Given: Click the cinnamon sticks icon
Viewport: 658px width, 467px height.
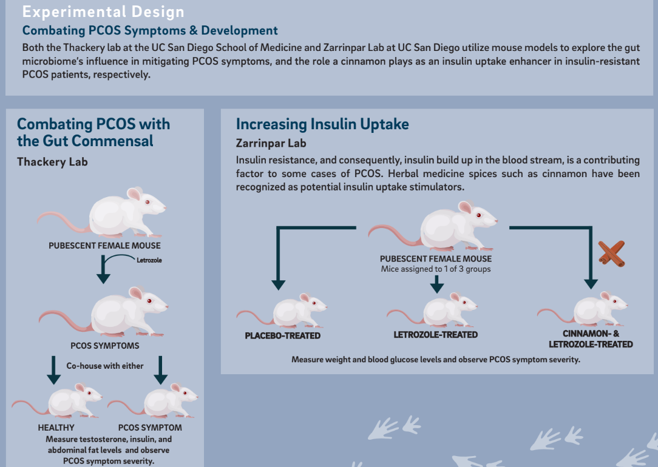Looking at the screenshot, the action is click(x=612, y=254).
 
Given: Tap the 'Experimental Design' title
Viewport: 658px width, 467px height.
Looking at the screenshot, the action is click(x=103, y=12).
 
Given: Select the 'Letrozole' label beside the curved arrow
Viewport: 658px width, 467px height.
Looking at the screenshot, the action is click(x=149, y=260).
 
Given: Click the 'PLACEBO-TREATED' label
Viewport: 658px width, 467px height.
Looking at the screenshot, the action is click(x=282, y=336).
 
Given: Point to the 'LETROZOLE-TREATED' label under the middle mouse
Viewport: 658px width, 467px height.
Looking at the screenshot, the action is click(x=436, y=335).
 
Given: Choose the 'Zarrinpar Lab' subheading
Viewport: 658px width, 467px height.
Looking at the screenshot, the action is click(x=271, y=143).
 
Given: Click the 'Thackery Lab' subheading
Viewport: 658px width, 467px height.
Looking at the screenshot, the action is click(x=52, y=162).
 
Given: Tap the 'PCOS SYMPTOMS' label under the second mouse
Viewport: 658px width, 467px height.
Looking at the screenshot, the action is click(x=105, y=346).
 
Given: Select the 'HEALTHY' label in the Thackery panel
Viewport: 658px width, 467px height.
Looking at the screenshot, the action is click(x=56, y=428).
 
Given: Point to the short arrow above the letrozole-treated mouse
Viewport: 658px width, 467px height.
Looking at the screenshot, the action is click(x=437, y=284).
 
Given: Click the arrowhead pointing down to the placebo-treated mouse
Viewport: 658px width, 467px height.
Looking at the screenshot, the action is click(x=278, y=285).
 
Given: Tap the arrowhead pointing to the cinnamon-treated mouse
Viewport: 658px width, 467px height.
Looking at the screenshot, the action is click(x=591, y=284).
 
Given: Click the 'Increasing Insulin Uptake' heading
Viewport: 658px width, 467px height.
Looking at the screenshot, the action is click(x=322, y=124).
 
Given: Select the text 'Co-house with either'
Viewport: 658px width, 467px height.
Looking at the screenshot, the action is click(x=105, y=366).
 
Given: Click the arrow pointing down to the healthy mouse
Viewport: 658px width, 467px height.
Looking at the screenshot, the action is click(x=53, y=370).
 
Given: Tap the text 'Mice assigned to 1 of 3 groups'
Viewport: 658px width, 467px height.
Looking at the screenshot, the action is click(x=436, y=269).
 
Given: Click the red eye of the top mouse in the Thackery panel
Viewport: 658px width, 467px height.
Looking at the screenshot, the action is click(x=148, y=202).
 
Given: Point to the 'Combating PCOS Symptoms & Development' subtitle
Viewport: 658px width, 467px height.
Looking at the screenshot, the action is click(x=150, y=30).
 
